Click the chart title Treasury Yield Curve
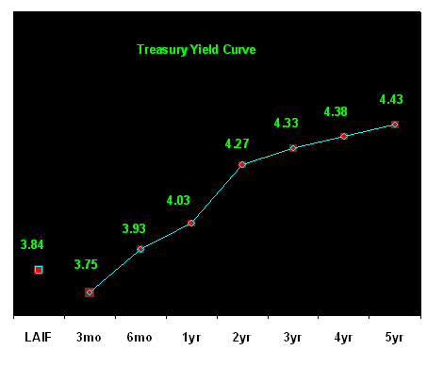tap(196, 50)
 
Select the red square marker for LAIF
tap(39, 270)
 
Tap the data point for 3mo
tap(90, 292)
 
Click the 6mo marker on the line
tap(140, 249)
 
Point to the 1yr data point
tap(191, 223)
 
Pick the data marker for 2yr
tap(242, 164)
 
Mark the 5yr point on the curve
tap(395, 125)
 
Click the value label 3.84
tap(32, 244)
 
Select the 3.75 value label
tap(86, 264)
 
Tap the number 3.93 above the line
tap(134, 228)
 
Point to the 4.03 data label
tap(178, 200)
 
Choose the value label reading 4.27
tap(237, 143)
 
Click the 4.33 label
tap(286, 123)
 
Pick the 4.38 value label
tap(336, 111)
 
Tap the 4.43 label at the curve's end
tap(391, 99)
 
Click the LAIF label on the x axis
tap(38, 338)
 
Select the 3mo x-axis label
tap(89, 338)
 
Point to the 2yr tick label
tap(241, 338)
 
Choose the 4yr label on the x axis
tap(343, 338)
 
